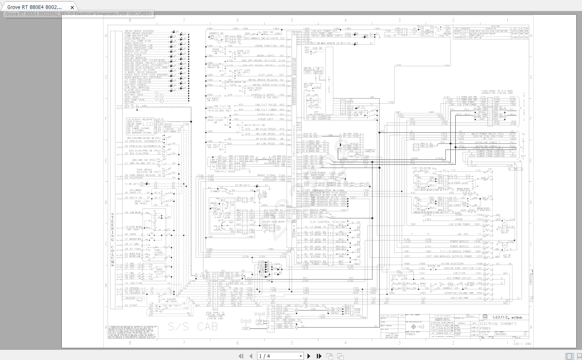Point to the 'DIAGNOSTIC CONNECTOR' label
click(370, 151)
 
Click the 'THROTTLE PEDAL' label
click(225, 171)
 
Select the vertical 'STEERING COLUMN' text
click(113, 240)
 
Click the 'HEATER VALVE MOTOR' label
click(273, 222)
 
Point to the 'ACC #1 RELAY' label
click(507, 257)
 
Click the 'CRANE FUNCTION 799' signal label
click(269, 46)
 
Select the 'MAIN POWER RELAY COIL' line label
click(487, 134)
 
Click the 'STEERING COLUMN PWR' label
click(457, 293)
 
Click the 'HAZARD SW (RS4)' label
click(171, 300)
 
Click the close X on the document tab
click(72, 7)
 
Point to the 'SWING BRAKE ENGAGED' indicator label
click(139, 31)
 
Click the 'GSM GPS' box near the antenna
click(259, 322)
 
